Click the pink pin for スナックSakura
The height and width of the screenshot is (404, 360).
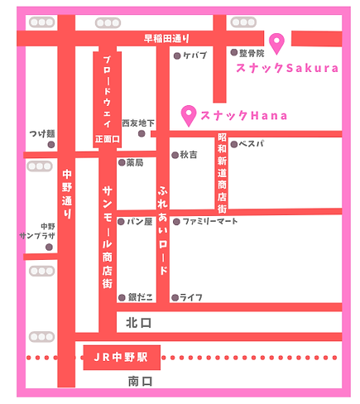click(276, 41)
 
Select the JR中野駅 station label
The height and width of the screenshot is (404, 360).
click(116, 358)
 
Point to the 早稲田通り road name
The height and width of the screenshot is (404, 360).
click(166, 37)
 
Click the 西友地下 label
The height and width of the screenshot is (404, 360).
click(137, 123)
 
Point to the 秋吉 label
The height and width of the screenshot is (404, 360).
click(188, 155)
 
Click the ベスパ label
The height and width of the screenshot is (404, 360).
click(252, 144)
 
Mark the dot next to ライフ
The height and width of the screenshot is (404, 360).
click(174, 296)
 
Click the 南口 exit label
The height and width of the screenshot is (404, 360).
click(141, 382)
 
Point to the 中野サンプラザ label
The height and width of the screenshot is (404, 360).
click(37, 230)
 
